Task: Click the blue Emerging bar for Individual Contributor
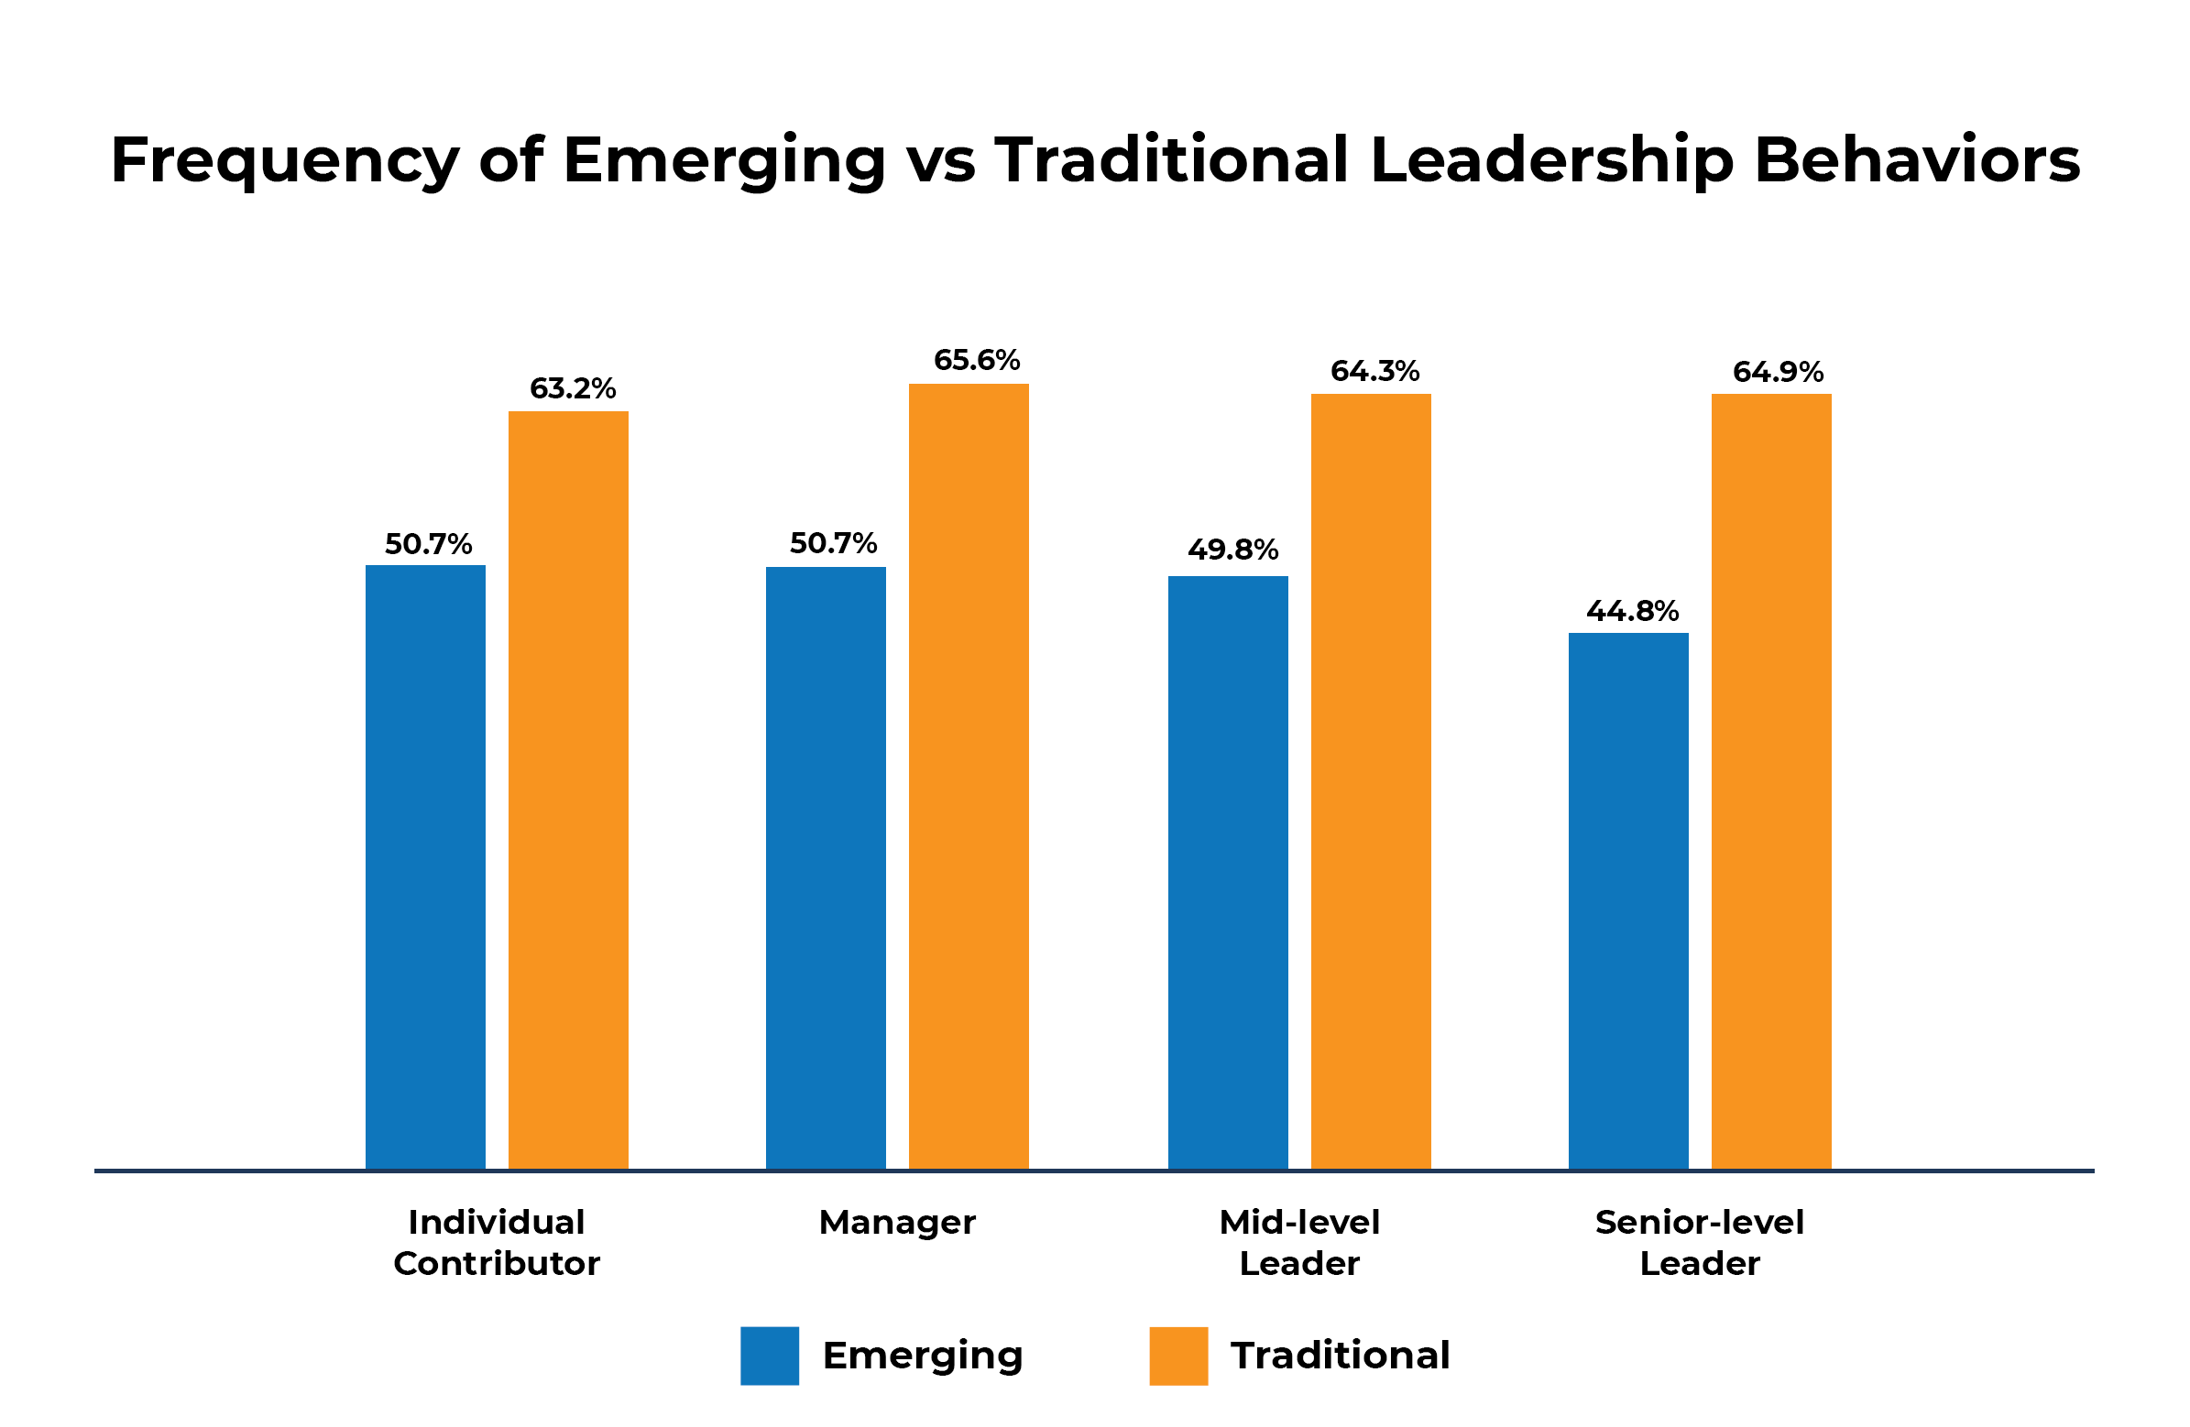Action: click(425, 866)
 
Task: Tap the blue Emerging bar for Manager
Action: click(826, 867)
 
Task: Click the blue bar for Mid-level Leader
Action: click(1228, 872)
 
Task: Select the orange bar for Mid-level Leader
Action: click(1370, 781)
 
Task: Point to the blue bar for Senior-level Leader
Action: click(1627, 900)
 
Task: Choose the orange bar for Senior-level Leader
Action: click(1770, 781)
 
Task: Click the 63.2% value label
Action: click(573, 389)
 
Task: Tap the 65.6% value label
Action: click(976, 360)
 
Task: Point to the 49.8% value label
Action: click(1232, 550)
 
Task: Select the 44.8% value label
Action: click(1632, 611)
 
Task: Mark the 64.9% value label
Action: click(1778, 372)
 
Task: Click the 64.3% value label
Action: click(1374, 372)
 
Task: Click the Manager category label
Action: click(897, 1223)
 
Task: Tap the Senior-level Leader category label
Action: click(1700, 1242)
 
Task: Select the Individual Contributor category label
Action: click(496, 1242)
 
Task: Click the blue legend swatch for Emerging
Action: click(770, 1356)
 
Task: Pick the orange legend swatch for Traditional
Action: click(1177, 1356)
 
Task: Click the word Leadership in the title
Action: click(1551, 160)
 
